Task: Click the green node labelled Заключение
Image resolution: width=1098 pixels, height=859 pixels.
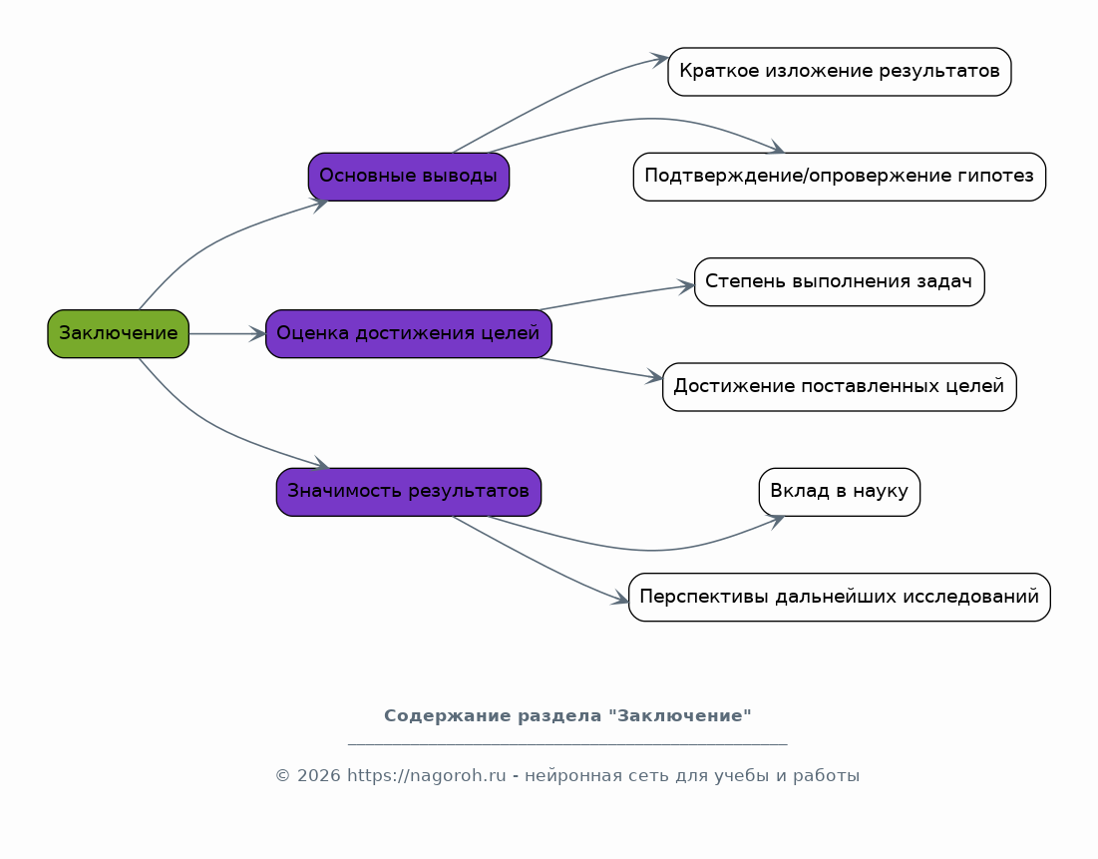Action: [118, 333]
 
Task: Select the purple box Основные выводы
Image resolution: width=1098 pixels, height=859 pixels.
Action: [408, 177]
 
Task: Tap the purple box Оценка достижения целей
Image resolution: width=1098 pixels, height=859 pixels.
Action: [408, 333]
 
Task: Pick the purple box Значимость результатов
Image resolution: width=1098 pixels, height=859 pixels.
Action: [408, 492]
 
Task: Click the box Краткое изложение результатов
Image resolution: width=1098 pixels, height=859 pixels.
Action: [839, 71]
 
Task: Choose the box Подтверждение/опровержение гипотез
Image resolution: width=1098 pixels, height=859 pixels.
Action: [839, 177]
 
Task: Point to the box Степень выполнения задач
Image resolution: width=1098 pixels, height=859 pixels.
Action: [839, 281]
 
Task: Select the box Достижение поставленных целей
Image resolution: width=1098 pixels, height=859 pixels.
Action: [839, 386]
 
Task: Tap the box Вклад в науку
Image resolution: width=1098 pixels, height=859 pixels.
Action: [839, 492]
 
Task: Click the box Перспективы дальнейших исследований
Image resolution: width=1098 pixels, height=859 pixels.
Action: [839, 597]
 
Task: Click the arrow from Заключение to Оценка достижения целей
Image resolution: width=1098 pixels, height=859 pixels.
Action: [226, 333]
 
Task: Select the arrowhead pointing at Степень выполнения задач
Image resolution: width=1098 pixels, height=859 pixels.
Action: [686, 286]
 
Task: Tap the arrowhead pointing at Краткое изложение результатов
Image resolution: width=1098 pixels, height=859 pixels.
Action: [659, 60]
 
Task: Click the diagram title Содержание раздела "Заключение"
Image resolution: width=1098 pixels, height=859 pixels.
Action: [567, 716]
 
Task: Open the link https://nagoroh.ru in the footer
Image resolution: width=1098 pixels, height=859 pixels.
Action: [427, 776]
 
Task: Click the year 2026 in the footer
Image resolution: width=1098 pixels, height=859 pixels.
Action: [317, 776]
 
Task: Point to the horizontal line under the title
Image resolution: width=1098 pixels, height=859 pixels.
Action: [567, 744]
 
